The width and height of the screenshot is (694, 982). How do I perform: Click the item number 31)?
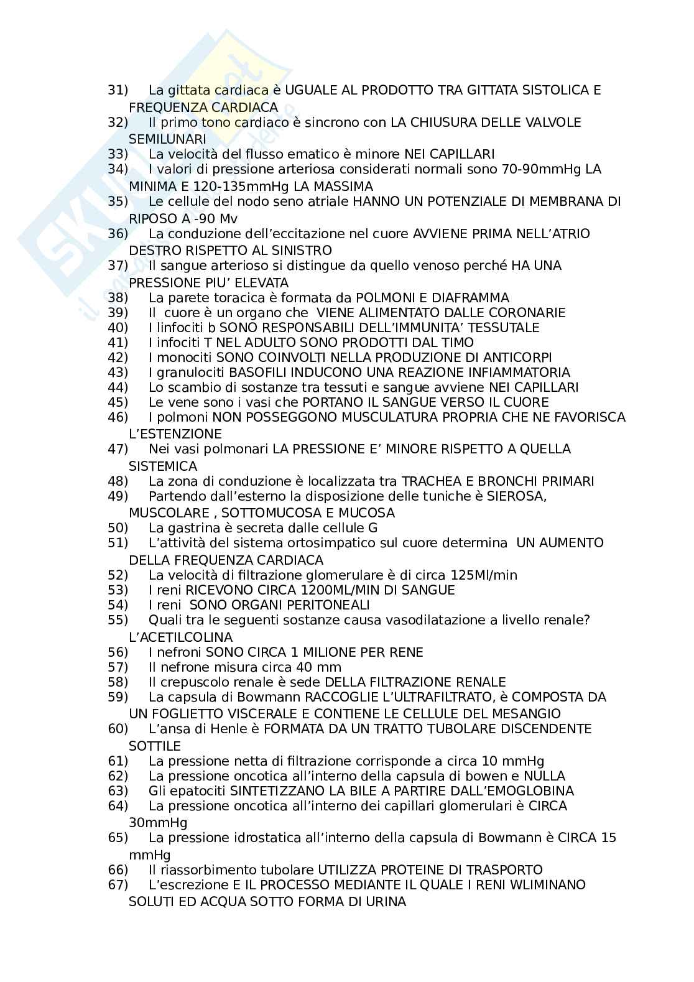pos(118,90)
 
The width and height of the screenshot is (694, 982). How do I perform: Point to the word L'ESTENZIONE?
pos(175,434)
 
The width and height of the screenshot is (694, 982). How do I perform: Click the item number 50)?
pos(118,528)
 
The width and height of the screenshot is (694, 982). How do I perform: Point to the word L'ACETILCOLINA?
pos(180,637)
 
